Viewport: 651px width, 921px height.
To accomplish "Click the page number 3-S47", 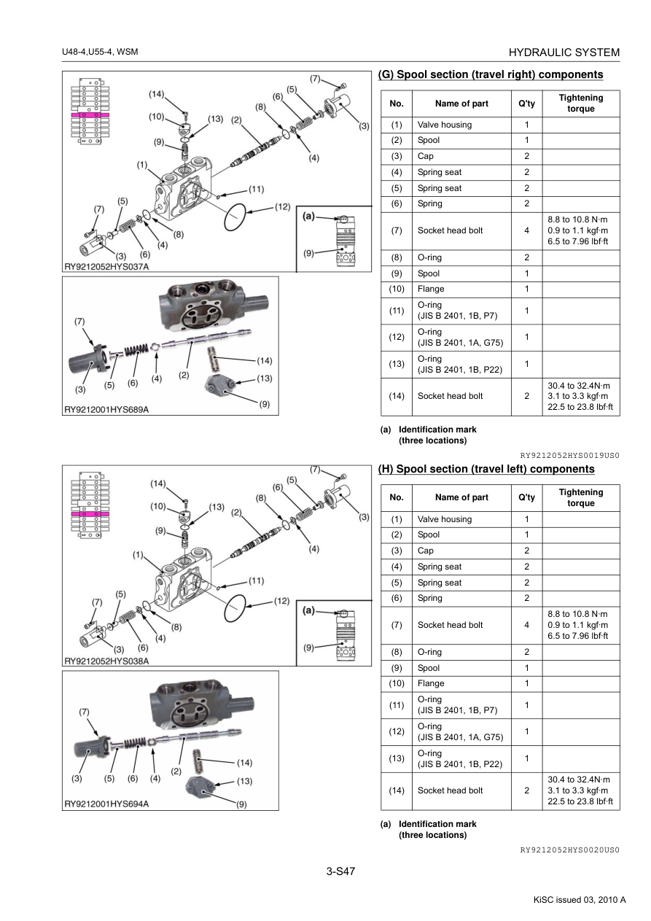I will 340,870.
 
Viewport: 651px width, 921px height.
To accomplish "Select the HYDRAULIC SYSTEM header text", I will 564,53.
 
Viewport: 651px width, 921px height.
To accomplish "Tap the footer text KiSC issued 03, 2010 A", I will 580,899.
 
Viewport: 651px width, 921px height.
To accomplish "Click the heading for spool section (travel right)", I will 491,74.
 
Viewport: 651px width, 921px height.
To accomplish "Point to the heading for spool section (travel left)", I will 486,469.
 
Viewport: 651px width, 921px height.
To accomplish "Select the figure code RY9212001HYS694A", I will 106,804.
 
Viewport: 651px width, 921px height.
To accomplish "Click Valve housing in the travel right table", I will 445,125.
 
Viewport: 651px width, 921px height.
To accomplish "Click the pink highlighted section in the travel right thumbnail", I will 90,115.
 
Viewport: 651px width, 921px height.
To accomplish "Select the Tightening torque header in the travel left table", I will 580,497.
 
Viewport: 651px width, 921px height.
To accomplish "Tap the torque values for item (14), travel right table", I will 580,396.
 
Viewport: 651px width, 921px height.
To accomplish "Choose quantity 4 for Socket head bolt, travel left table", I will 526,625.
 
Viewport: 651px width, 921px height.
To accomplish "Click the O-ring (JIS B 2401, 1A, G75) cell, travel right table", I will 460,337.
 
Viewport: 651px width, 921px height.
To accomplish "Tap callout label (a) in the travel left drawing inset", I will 308,610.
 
